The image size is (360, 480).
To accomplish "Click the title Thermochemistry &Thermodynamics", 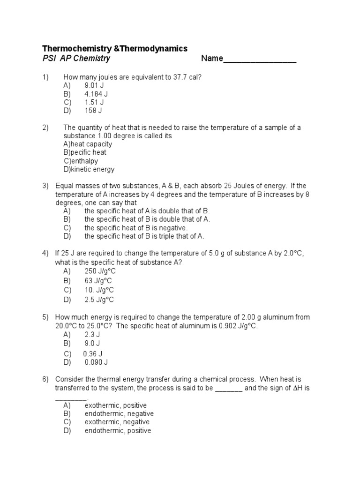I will click(x=115, y=48).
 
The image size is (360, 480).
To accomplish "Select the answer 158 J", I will click(x=93, y=111).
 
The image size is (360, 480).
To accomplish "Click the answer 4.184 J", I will click(x=96, y=94).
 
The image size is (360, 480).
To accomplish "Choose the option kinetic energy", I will click(x=92, y=169).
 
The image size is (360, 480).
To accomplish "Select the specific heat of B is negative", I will click(x=135, y=228).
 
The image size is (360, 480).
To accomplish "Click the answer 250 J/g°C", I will click(x=100, y=271).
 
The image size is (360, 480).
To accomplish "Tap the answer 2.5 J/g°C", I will click(x=99, y=300).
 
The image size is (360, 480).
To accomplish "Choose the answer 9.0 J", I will click(x=92, y=343).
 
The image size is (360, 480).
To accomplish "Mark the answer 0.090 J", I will click(x=96, y=362).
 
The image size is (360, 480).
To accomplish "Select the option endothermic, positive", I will click(x=118, y=430).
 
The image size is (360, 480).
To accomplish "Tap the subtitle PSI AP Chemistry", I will click(x=76, y=59).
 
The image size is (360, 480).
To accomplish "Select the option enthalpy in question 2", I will click(x=84, y=161).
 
